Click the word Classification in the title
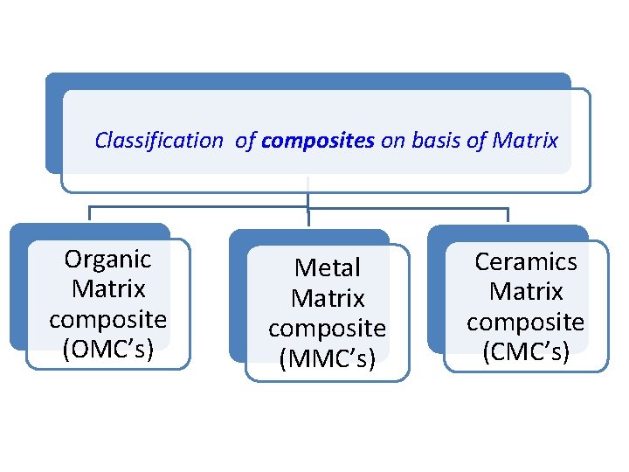pos(159,140)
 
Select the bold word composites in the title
pos(318,141)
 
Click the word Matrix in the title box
pos(525,140)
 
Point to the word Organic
pos(108,259)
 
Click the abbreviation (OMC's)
pos(108,349)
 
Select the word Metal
pos(328,267)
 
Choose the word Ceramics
pos(526,261)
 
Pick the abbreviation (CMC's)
pos(526,351)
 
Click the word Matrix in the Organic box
pos(108,288)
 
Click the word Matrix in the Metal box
pos(328,298)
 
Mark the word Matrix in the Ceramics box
pos(526,291)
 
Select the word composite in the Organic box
pos(108,319)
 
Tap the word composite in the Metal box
pos(328,329)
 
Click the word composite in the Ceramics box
pos(526,322)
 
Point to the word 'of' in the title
pos(245,140)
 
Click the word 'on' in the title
pos(393,140)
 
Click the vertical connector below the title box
pos(308,198)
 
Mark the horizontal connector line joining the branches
pos(201,209)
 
